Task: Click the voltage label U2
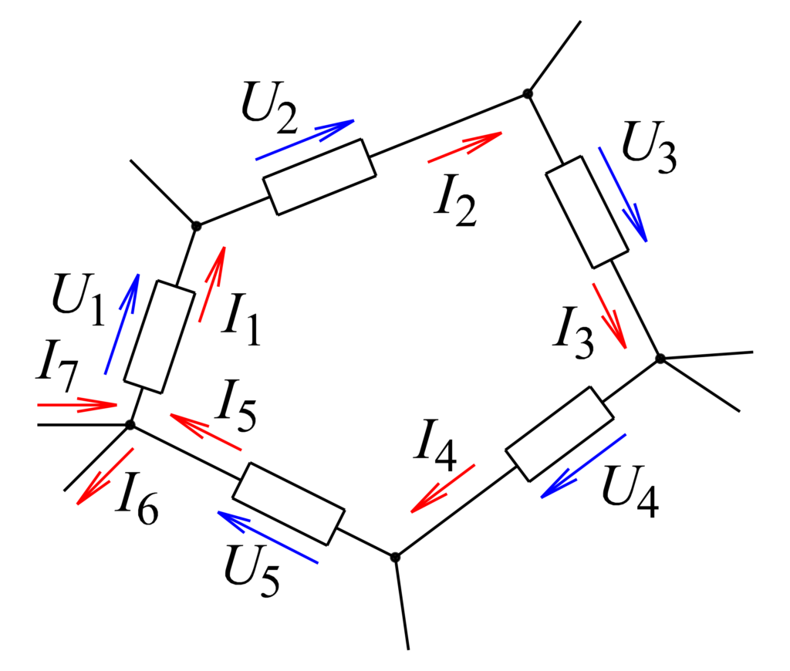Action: (269, 108)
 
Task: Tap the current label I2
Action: (455, 201)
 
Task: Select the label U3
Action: (649, 147)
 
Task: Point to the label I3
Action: (573, 333)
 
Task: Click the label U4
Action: (630, 491)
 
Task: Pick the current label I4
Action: (435, 445)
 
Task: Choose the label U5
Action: (252, 572)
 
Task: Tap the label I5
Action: (236, 406)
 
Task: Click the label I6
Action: (137, 498)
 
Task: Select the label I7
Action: (57, 366)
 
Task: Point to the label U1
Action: (78, 299)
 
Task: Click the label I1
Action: (241, 319)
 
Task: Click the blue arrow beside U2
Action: (305, 140)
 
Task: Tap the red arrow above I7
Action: (77, 404)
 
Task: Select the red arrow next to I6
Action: (105, 477)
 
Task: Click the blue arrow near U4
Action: (583, 466)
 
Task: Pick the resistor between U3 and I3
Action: (587, 212)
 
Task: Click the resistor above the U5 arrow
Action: (289, 504)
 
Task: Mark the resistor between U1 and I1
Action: (159, 336)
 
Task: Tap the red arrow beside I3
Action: (609, 316)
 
